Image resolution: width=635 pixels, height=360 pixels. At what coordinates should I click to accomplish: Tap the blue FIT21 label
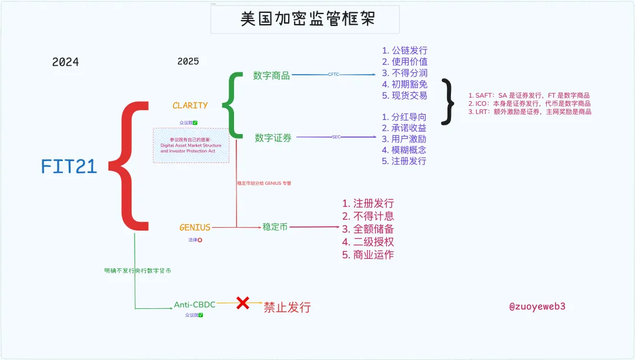pos(69,167)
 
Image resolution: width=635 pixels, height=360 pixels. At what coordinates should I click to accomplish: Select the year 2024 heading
pos(65,62)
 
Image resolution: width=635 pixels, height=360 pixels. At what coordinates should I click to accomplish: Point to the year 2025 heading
pos(188,61)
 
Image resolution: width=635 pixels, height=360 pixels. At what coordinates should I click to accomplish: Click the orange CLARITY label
pos(190,105)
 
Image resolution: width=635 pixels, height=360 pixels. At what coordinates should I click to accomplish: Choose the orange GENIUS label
pos(195,227)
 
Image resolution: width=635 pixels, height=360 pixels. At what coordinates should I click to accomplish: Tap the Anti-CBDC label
pos(195,305)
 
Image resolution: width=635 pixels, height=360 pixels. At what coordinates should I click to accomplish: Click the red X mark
pos(242,304)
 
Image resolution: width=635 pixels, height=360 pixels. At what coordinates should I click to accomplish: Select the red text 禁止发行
pos(287,307)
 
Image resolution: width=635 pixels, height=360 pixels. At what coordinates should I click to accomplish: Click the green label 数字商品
pos(272,75)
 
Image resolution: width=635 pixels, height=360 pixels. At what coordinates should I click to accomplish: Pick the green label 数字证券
pos(273,138)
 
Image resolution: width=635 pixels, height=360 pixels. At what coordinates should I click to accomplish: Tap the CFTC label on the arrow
pos(333,75)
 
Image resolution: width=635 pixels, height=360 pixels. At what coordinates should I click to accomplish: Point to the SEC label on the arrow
pos(336,137)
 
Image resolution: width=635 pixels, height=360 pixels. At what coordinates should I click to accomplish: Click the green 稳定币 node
pos(275,227)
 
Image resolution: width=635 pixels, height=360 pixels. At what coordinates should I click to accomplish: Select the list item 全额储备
pos(368,229)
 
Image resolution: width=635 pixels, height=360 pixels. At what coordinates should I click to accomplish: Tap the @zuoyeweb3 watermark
pos(537,306)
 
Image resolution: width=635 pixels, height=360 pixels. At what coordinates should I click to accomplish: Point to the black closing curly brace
pos(450,101)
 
